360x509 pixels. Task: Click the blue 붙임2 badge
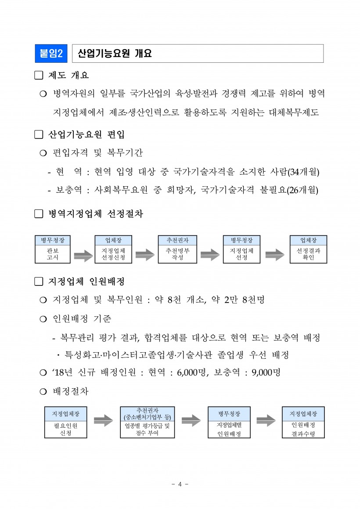(x=50, y=54)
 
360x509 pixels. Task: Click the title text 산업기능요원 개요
(x=115, y=54)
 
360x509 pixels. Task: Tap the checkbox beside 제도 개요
(x=39, y=76)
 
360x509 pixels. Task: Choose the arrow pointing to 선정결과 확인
(x=275, y=255)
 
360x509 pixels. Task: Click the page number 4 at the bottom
(x=180, y=484)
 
